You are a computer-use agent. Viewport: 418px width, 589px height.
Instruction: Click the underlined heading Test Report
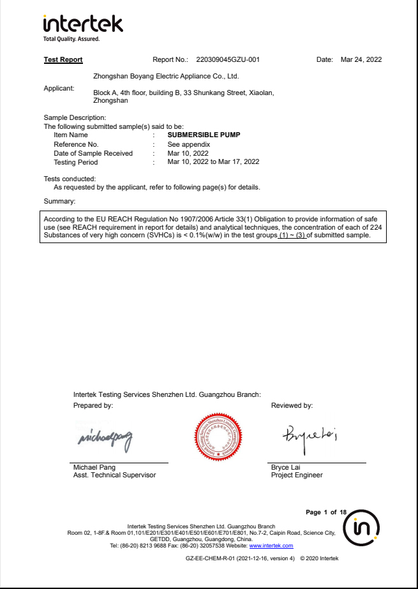point(63,60)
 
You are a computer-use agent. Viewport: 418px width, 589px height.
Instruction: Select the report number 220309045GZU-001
point(228,60)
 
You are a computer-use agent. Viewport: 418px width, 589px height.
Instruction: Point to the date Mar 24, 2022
point(361,60)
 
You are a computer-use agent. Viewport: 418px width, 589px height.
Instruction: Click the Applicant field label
point(59,88)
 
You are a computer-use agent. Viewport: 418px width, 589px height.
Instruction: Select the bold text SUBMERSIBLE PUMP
point(204,135)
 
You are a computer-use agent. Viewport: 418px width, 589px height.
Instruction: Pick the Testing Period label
point(75,162)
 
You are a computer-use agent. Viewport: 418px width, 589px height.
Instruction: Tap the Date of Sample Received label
point(93,153)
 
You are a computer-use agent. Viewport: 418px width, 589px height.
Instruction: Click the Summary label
point(59,202)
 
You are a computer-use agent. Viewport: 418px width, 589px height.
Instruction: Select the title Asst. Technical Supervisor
point(114,475)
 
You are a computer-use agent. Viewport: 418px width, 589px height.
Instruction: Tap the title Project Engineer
point(297,475)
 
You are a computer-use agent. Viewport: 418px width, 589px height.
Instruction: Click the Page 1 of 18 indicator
point(326,512)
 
